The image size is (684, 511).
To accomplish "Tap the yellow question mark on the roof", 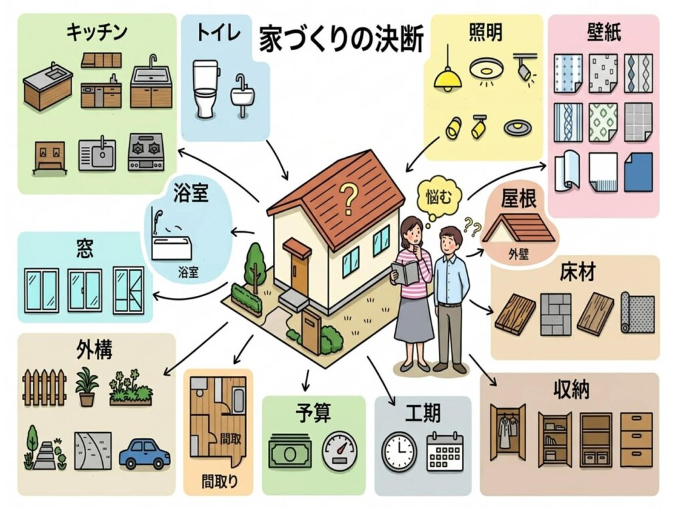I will [347, 197].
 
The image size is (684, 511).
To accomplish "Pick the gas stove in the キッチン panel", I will [146, 152].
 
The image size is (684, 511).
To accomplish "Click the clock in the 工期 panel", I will [399, 452].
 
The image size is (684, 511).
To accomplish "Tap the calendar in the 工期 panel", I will [444, 452].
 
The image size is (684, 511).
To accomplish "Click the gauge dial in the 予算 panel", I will [340, 453].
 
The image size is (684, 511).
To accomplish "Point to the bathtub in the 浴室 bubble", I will [172, 248].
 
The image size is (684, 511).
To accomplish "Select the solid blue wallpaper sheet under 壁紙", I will [638, 172].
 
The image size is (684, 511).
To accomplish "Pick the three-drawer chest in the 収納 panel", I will [636, 439].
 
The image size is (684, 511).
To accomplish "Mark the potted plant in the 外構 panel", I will [87, 387].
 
